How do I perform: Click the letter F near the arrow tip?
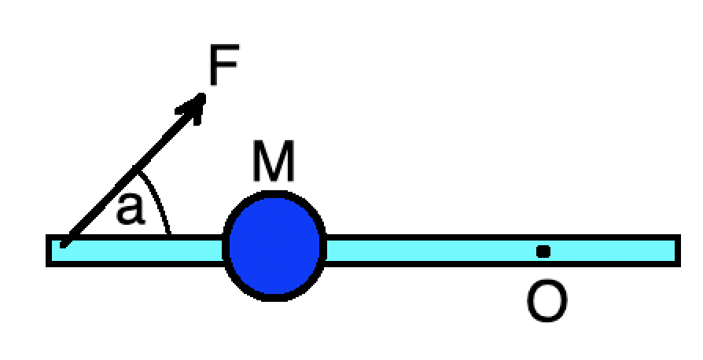(x=223, y=68)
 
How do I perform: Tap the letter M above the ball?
(x=273, y=162)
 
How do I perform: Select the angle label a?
(x=131, y=209)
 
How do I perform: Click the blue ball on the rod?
(x=274, y=245)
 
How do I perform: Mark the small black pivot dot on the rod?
(x=543, y=252)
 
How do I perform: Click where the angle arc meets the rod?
(x=170, y=234)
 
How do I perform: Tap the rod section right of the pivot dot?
(x=613, y=251)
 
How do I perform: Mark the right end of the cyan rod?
(x=676, y=251)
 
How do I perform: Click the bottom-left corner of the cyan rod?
(x=49, y=264)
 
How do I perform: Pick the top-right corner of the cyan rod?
(x=678, y=237)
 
